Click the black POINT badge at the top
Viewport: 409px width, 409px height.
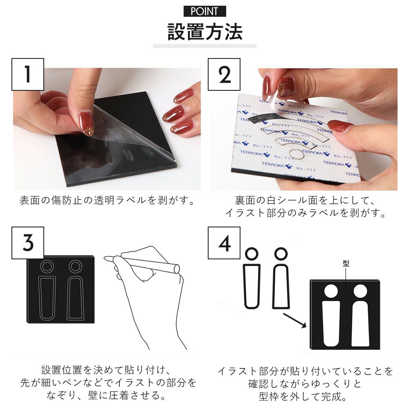pyautogui.click(x=205, y=11)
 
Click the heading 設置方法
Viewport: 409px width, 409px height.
pyautogui.click(x=205, y=32)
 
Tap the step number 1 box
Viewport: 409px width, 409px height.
pyautogui.click(x=28, y=74)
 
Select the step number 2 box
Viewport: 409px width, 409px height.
pyautogui.click(x=224, y=74)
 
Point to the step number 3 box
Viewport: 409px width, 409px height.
pyautogui.click(x=28, y=243)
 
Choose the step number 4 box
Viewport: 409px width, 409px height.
pyautogui.click(x=224, y=243)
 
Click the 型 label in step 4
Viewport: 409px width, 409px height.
pyautogui.click(x=346, y=263)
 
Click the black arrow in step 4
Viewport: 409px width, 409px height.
pyautogui.click(x=295, y=320)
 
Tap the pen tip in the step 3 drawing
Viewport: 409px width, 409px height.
pyautogui.click(x=105, y=258)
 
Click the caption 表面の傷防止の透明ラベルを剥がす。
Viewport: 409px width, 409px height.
pyautogui.click(x=107, y=200)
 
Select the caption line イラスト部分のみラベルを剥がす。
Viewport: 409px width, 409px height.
pyautogui.click(x=306, y=213)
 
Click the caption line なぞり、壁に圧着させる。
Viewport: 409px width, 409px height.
pyautogui.click(x=106, y=395)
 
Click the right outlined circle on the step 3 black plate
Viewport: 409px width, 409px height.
pyautogui.click(x=76, y=266)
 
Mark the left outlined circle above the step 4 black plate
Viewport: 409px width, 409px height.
pyautogui.click(x=252, y=254)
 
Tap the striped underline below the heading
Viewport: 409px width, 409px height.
pyautogui.click(x=205, y=46)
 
